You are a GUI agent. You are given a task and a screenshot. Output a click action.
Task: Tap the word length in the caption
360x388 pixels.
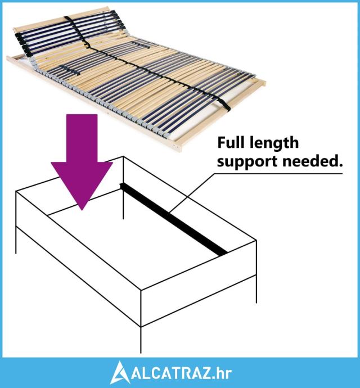[276, 144]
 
